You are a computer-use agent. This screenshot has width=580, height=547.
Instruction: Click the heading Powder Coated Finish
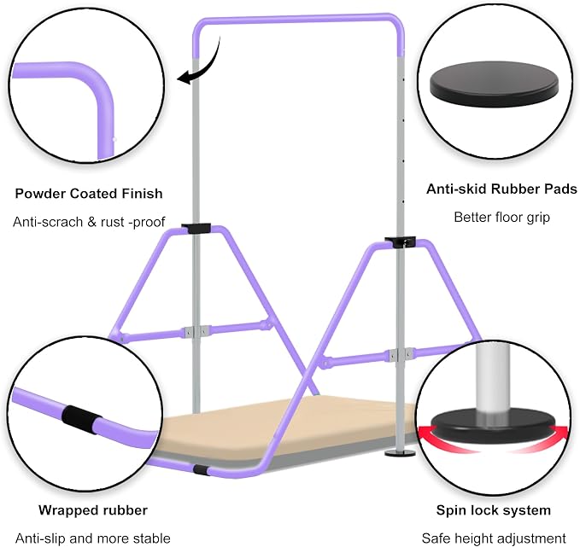pyautogui.click(x=89, y=194)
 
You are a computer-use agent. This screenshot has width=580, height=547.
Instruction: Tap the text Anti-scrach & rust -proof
pyautogui.click(x=89, y=222)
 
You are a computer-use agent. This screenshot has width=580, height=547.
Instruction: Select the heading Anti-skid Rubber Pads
pyautogui.click(x=501, y=189)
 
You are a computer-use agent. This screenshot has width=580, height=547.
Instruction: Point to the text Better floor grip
pyautogui.click(x=501, y=218)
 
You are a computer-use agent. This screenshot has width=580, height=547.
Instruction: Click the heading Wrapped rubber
pyautogui.click(x=93, y=510)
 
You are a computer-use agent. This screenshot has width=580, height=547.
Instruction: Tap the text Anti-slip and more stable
pyautogui.click(x=93, y=538)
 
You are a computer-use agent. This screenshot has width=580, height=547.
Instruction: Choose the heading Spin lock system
pyautogui.click(x=494, y=510)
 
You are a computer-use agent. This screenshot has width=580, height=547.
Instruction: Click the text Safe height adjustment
pyautogui.click(x=494, y=538)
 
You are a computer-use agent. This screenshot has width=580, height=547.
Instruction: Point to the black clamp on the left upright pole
pyautogui.click(x=196, y=228)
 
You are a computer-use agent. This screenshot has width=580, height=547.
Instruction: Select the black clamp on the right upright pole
pyautogui.click(x=400, y=241)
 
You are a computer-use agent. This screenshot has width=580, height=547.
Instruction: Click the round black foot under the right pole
pyautogui.click(x=400, y=452)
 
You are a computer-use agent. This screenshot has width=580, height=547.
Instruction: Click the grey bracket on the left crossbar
pyautogui.click(x=196, y=331)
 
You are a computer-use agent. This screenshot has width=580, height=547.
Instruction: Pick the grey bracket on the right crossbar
pyautogui.click(x=400, y=355)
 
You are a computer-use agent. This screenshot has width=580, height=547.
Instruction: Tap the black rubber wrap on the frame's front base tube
pyautogui.click(x=202, y=470)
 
